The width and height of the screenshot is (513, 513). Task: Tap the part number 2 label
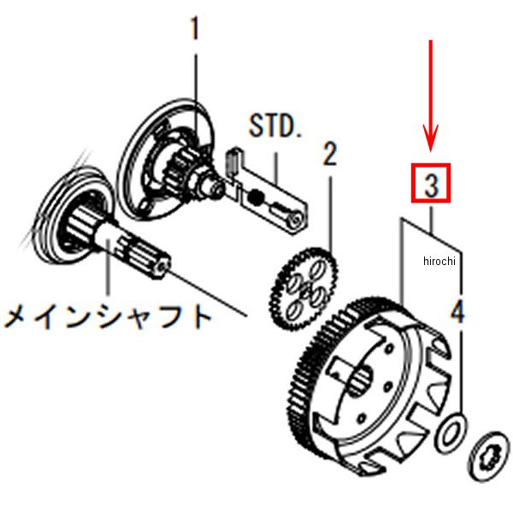(330, 155)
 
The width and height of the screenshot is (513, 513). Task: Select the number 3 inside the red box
(431, 184)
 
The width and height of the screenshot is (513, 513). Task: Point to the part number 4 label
(457, 312)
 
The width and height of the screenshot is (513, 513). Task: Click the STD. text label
(275, 127)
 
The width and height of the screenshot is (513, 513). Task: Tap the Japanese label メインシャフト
(108, 317)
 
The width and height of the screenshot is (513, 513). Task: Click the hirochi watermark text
(441, 262)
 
